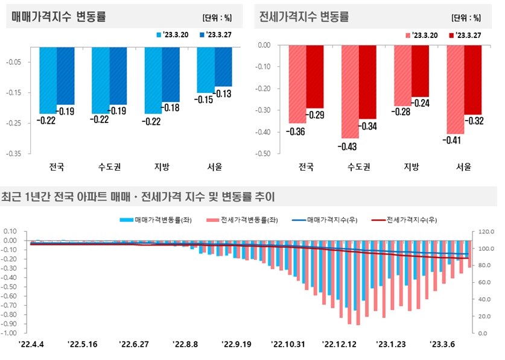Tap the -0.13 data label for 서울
[x=223, y=93]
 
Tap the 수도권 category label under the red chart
[x=358, y=167]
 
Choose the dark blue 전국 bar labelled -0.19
[x=66, y=75]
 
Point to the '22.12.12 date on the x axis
[x=340, y=344]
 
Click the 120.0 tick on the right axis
[x=486, y=232]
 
